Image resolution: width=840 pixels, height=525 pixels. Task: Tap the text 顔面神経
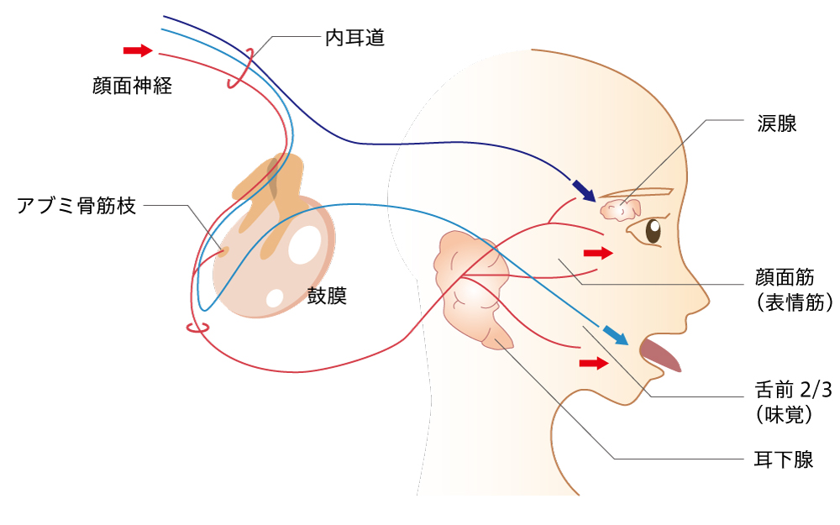coord(133,85)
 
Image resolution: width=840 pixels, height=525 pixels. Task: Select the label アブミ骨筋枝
coord(76,206)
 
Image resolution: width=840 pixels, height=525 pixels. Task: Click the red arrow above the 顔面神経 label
coord(137,51)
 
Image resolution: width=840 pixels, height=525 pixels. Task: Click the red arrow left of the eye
coord(598,252)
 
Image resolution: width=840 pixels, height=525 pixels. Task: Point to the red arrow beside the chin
coord(593,363)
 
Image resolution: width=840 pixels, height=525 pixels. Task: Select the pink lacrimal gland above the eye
coord(621,209)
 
